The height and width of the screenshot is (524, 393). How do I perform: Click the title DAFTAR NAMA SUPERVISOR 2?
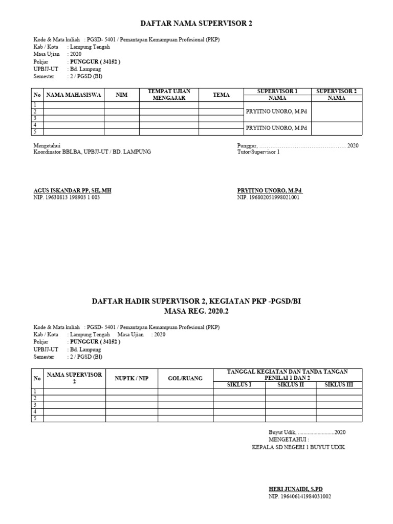[196, 24]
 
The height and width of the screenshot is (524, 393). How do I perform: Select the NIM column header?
[121, 95]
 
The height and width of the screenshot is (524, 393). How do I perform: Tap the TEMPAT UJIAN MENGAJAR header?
[169, 95]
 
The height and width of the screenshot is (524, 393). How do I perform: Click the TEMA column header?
[221, 95]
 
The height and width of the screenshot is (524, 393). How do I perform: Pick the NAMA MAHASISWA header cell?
[74, 95]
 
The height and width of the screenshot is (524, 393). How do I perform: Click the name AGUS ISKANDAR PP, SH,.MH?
[72, 190]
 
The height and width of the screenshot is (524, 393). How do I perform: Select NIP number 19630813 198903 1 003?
[67, 197]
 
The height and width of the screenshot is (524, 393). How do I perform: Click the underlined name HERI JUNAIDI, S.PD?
[296, 489]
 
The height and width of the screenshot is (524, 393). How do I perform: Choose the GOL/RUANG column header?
[185, 378]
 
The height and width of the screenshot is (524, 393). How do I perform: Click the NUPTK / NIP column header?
[132, 378]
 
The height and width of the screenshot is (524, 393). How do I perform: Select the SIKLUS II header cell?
[291, 385]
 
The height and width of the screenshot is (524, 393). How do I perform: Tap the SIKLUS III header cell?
[339, 385]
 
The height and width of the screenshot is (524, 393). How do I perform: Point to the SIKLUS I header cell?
[239, 385]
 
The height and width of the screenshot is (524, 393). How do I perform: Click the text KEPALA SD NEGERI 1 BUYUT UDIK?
[299, 447]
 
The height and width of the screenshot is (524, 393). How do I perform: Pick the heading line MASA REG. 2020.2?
[196, 311]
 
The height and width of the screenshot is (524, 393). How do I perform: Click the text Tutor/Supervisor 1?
[259, 152]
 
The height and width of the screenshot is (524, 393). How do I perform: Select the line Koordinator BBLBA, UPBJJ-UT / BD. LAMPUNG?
[92, 152]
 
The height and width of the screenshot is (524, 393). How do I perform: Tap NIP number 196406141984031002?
[300, 496]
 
